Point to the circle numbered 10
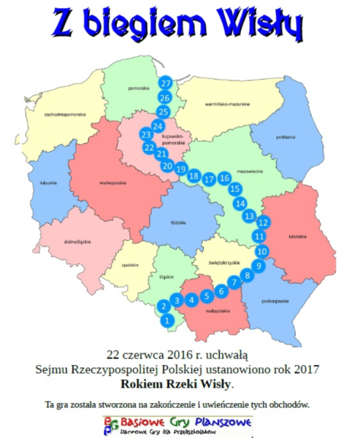pyautogui.click(x=263, y=250)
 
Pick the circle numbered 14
pyautogui.click(x=241, y=204)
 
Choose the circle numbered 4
pyautogui.click(x=192, y=299)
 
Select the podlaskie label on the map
pyautogui.click(x=285, y=137)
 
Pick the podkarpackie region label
pyautogui.click(x=275, y=300)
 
